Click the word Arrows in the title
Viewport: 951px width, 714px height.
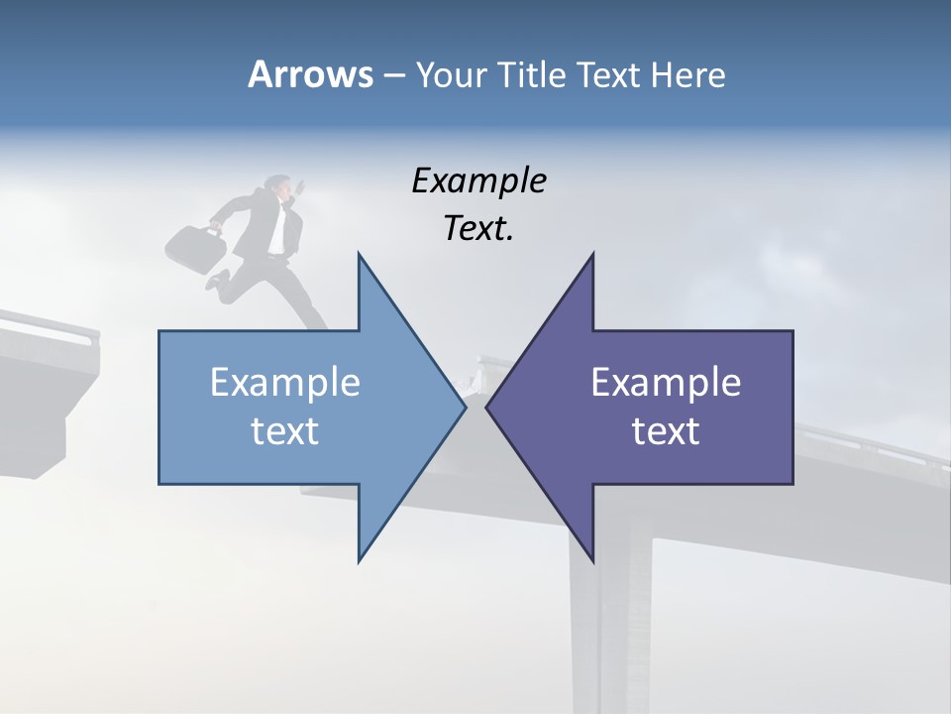(x=310, y=74)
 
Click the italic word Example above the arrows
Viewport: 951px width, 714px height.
(x=478, y=181)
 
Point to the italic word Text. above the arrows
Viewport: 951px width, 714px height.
(x=478, y=229)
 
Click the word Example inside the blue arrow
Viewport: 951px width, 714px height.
(x=284, y=383)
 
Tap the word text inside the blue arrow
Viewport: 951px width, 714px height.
(x=284, y=431)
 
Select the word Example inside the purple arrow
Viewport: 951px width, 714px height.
(x=666, y=383)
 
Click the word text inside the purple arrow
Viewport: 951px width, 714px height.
(x=666, y=431)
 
